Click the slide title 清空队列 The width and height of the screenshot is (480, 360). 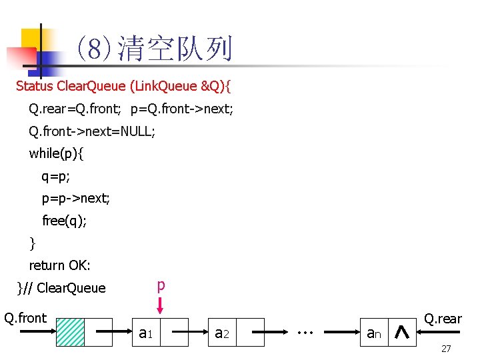pos(175,48)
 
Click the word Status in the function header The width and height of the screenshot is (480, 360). pos(35,86)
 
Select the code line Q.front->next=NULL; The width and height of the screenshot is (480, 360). pos(92,131)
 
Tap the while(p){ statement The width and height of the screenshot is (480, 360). pos(57,153)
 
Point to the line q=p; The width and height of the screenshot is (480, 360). pos(56,177)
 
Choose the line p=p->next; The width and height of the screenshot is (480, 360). pos(76,199)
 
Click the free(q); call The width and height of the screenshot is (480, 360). pos(64,221)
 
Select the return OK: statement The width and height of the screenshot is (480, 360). pos(59,265)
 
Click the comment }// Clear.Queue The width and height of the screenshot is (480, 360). pos(61,288)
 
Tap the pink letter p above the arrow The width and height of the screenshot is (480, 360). pos(161,285)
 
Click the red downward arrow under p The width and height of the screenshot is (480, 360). pos(161,306)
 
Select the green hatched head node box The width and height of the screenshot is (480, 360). pos(70,331)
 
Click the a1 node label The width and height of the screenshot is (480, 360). pos(146,331)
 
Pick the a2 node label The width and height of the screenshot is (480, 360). pos(222,331)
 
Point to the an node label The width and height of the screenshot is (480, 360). pos(373,331)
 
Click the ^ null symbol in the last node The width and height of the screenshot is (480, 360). pos(402,331)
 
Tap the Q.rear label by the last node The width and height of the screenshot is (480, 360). pos(443,319)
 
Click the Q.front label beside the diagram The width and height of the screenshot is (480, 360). pos(25,318)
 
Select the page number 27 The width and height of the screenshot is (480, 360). pos(446,349)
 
